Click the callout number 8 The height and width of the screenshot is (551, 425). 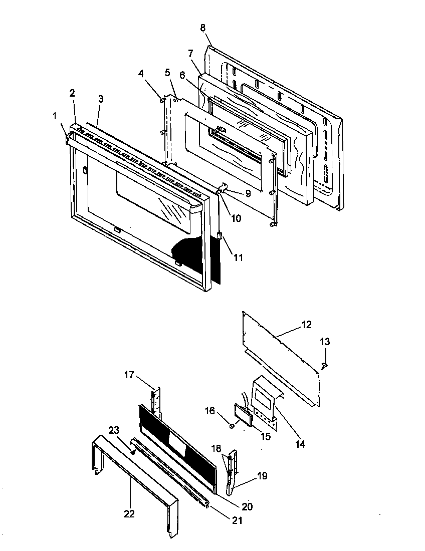202,29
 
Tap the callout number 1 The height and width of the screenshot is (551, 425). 54,116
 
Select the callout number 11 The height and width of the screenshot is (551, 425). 238,257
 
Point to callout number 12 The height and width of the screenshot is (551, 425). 306,325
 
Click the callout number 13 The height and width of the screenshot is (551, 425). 325,342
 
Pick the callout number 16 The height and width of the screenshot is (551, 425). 209,411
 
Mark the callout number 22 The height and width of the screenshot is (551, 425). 129,513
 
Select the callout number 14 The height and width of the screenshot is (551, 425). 300,443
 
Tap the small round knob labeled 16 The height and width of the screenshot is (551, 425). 231,426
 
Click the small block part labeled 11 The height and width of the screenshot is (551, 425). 220,234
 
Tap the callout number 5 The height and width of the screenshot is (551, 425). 167,73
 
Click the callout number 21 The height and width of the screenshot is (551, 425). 237,520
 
